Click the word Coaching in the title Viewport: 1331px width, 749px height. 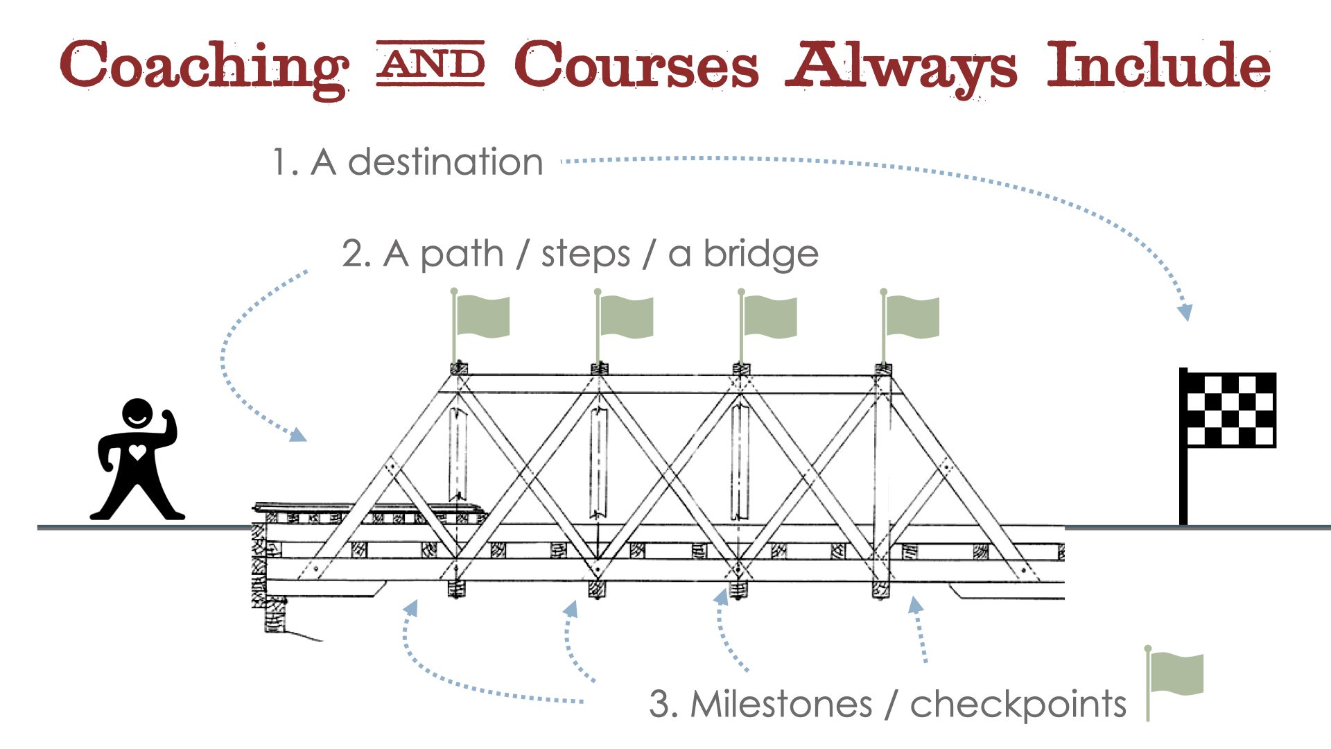click(x=204, y=66)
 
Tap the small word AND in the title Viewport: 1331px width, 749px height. click(x=430, y=64)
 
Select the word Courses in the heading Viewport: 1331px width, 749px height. click(x=636, y=66)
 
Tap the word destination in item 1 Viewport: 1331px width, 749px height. click(x=445, y=162)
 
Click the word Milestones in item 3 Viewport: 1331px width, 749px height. click(x=781, y=705)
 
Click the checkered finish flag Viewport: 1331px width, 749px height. click(x=1230, y=410)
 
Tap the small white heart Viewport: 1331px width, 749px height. click(x=138, y=453)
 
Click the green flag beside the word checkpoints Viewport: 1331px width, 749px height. click(x=1176, y=674)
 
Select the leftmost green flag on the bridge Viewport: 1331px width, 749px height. click(x=482, y=317)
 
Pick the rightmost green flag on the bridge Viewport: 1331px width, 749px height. click(x=912, y=317)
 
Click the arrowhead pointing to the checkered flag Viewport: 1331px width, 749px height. click(x=1185, y=311)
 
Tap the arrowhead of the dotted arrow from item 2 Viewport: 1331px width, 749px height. click(x=298, y=435)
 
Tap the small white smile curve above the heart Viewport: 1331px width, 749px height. click(x=138, y=420)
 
